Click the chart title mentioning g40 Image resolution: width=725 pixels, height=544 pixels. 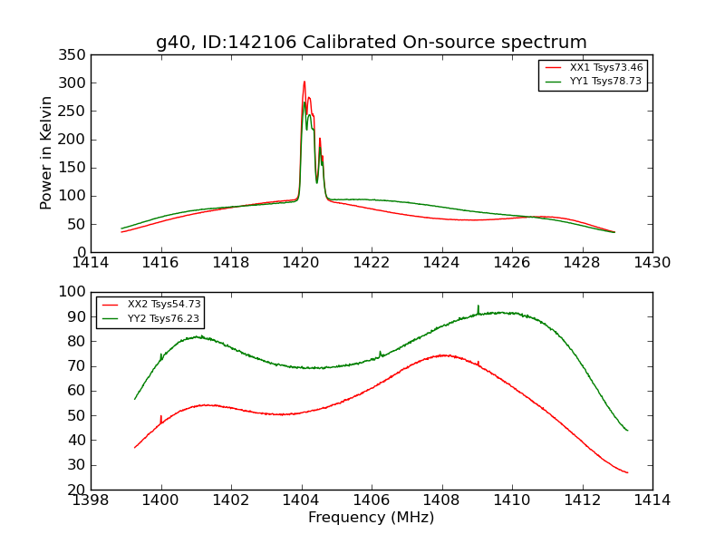point(371,43)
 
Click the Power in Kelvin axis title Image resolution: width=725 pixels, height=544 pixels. point(46,153)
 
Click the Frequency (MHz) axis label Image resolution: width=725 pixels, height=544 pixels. point(371,518)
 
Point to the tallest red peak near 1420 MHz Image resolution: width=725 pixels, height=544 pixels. point(304,83)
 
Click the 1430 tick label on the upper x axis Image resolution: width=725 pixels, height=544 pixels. point(652,262)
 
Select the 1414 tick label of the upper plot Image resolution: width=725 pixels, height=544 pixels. point(91,262)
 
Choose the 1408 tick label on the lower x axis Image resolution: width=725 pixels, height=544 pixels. point(441,500)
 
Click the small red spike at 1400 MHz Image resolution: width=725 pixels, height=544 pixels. point(161,417)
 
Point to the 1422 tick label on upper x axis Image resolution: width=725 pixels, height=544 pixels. point(372,262)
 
